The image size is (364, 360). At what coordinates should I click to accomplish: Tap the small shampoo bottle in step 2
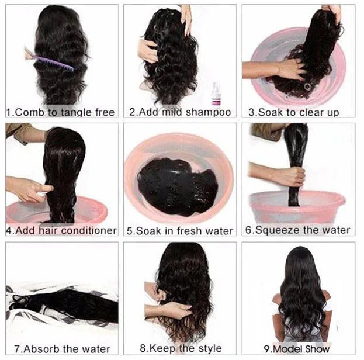[x=216, y=94]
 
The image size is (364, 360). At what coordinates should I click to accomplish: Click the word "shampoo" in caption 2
[x=208, y=112]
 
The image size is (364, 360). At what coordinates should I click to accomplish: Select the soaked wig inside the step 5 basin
[x=178, y=186]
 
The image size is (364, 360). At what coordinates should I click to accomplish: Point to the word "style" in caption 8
[x=210, y=348]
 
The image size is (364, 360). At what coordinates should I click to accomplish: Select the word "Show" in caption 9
[x=317, y=349]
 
